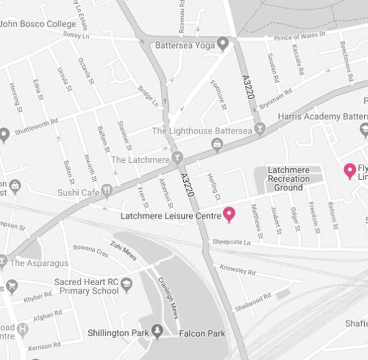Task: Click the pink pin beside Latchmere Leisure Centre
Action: click(x=229, y=214)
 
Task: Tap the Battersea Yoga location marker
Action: click(x=223, y=45)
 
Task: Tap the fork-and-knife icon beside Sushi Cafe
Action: click(x=108, y=190)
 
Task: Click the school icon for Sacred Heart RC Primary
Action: click(x=127, y=285)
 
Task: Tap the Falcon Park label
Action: click(x=202, y=334)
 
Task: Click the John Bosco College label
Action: click(x=38, y=25)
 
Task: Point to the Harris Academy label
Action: click(x=322, y=116)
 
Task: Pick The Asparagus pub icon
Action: click(x=4, y=262)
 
